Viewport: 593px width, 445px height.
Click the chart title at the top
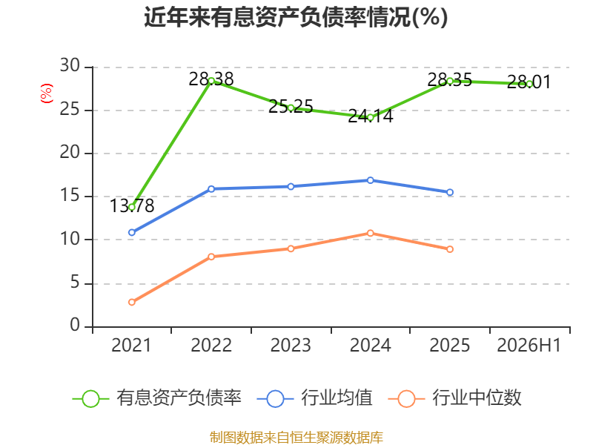(x=296, y=17)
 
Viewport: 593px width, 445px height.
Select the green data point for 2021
(x=132, y=207)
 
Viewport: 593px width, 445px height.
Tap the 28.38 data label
(x=211, y=79)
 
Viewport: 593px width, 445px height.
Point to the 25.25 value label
(x=291, y=106)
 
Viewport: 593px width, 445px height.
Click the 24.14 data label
(x=370, y=116)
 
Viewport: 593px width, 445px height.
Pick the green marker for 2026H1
(x=529, y=84)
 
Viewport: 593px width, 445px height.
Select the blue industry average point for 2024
(x=370, y=180)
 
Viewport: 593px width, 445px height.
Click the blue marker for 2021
(x=132, y=232)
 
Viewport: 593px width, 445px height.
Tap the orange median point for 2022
(x=211, y=257)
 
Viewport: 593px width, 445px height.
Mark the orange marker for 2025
(x=450, y=249)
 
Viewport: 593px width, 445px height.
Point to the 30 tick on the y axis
(x=70, y=66)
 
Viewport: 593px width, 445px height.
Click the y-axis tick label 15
(x=70, y=196)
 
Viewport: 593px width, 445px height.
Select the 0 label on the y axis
(x=75, y=325)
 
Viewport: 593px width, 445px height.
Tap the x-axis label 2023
(x=291, y=345)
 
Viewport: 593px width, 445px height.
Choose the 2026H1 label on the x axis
(x=529, y=345)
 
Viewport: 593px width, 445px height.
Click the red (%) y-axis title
(x=47, y=93)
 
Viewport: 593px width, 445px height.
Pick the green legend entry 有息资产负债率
(x=157, y=398)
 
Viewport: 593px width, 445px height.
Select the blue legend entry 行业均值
(x=314, y=398)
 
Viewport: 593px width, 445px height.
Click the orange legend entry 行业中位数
(x=455, y=398)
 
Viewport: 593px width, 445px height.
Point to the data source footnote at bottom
(x=296, y=438)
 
